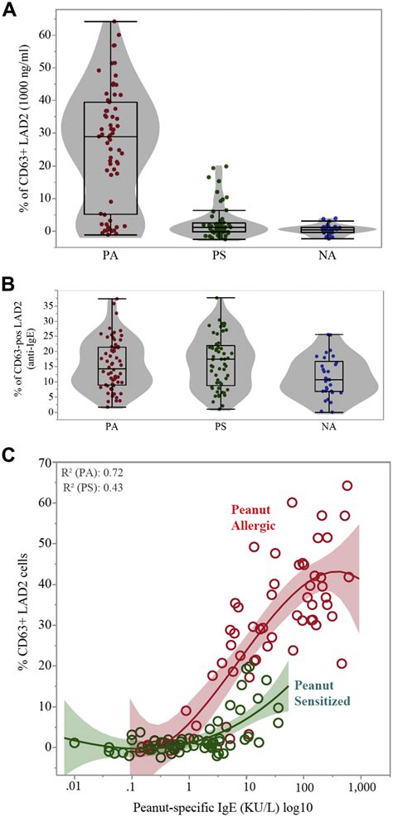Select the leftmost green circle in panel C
75,743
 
